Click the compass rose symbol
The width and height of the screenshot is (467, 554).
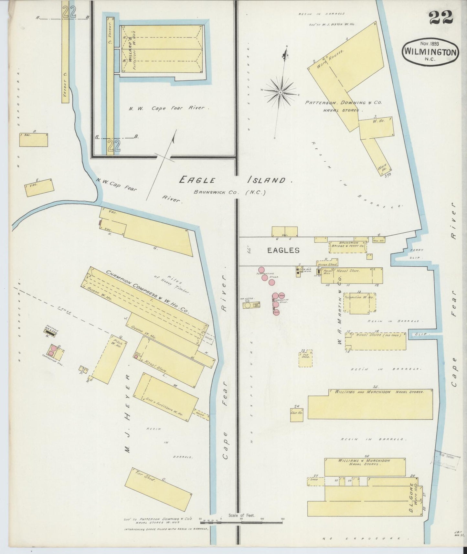(x=281, y=92)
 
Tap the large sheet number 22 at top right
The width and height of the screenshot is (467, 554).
(x=441, y=18)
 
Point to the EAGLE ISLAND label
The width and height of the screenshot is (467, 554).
(x=232, y=180)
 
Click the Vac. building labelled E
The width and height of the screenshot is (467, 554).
(x=39, y=187)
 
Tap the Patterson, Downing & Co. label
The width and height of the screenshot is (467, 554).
(x=344, y=103)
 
